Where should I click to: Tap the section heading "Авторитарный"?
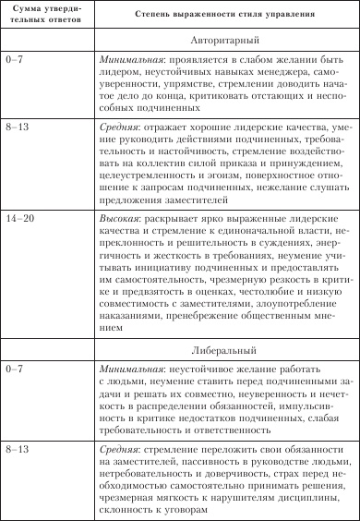coord(226,42)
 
